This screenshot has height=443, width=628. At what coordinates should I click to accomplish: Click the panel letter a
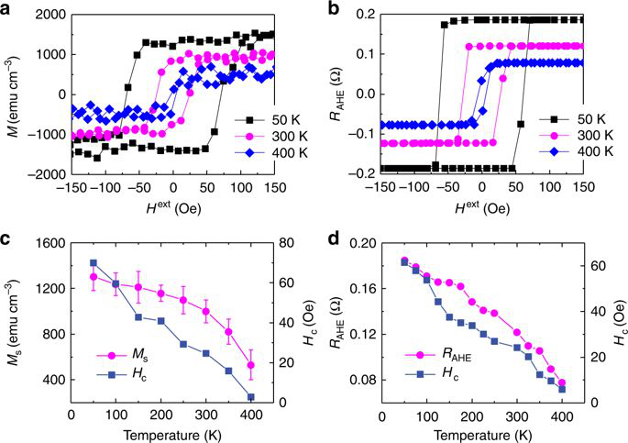coord(7,7)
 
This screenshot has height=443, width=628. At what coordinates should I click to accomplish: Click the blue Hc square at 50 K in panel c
coord(94,263)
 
